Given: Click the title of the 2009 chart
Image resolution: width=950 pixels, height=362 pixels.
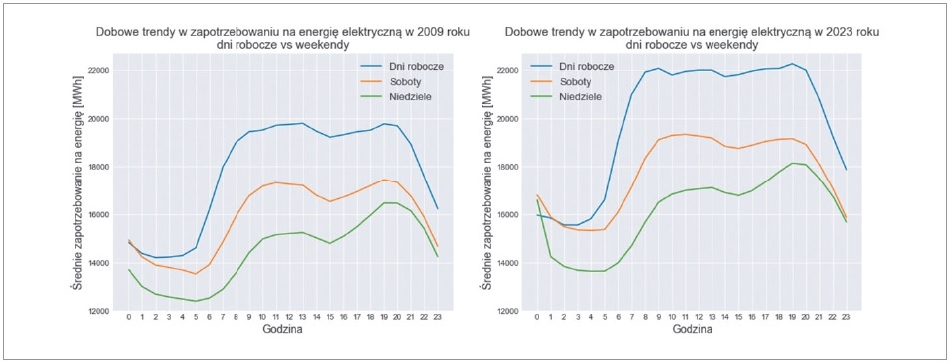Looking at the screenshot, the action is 282,38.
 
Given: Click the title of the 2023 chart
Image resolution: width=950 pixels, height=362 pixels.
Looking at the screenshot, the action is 691,38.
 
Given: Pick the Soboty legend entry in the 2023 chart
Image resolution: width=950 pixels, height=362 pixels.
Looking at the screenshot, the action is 567,80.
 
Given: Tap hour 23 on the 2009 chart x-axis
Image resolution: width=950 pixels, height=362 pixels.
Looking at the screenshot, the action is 437,316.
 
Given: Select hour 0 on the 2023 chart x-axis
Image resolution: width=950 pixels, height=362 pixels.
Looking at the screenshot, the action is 536,316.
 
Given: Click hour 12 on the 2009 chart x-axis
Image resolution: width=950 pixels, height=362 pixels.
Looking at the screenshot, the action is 289,316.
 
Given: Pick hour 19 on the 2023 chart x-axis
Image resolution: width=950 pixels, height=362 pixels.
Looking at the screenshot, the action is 792,316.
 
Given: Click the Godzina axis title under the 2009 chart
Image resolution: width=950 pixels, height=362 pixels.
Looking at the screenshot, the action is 282,330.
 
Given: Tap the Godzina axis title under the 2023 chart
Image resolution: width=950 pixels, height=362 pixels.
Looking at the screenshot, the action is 692,330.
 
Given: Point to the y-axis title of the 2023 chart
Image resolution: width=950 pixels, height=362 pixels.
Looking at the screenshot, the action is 486,182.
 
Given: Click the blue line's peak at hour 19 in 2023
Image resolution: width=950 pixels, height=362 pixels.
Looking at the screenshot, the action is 792,64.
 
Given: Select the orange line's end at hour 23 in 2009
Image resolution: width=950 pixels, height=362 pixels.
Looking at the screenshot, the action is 437,246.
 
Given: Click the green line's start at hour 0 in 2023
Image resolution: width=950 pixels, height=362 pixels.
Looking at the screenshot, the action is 536,200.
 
